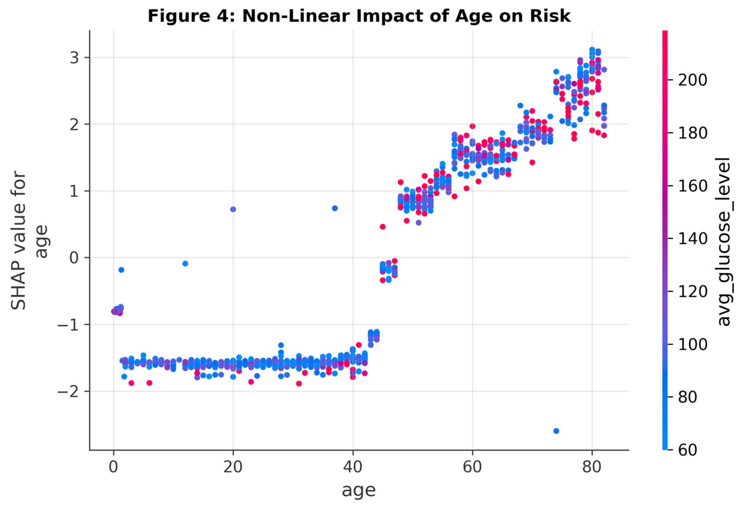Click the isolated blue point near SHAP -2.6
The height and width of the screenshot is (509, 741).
pos(556,431)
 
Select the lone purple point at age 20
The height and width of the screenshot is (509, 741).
pos(233,209)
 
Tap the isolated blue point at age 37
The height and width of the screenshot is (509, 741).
pos(335,208)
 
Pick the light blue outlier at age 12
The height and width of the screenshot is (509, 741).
pos(185,263)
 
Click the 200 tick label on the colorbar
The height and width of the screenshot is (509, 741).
pos(692,80)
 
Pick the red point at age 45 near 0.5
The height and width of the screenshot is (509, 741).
pos(382,227)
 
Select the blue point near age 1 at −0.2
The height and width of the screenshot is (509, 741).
pos(121,270)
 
